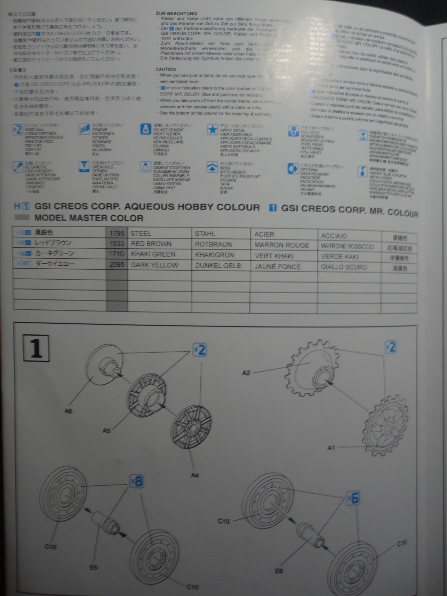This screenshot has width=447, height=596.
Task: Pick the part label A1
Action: [332, 448]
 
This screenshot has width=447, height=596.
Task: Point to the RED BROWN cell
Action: [151, 244]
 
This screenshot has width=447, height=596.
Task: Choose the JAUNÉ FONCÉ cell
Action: [277, 267]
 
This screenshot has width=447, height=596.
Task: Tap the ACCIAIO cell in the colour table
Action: [334, 235]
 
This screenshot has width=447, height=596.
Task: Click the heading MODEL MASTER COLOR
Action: [89, 218]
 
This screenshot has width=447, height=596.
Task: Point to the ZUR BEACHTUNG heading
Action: [176, 13]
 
